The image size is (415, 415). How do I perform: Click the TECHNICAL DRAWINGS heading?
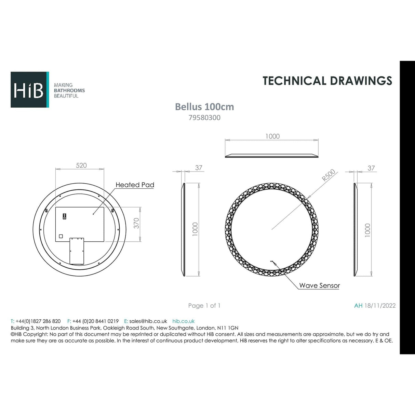click(x=327, y=81)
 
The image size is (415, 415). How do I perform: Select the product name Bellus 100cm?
click(x=204, y=107)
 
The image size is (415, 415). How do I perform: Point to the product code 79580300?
click(x=204, y=118)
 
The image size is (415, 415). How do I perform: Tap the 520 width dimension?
click(x=81, y=165)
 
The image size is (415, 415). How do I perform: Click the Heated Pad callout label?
click(x=135, y=185)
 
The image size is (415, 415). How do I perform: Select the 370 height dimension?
click(x=136, y=224)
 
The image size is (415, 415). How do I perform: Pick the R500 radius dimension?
click(x=329, y=175)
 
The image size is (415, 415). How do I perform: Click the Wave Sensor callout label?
click(x=319, y=285)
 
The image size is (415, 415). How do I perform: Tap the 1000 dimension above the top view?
click(x=272, y=136)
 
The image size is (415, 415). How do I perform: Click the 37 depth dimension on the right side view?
click(x=371, y=168)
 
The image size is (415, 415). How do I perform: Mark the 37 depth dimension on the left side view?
click(x=199, y=168)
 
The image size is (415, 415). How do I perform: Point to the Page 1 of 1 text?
click(x=204, y=306)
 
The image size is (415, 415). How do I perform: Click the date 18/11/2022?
click(x=380, y=306)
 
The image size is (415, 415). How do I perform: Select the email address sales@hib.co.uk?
click(x=148, y=321)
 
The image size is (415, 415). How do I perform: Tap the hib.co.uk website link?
click(x=183, y=321)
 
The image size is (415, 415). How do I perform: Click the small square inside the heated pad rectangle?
click(x=61, y=236)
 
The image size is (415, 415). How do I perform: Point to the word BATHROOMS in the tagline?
click(x=69, y=91)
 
